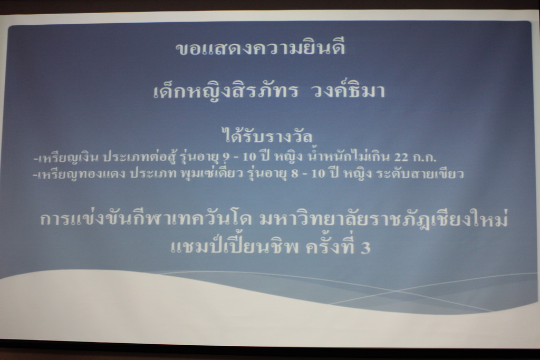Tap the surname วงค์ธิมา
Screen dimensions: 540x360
click(x=348, y=91)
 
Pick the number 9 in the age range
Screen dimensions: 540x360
click(x=226, y=157)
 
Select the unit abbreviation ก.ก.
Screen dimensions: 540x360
click(x=425, y=157)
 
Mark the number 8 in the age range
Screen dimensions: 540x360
click(x=294, y=173)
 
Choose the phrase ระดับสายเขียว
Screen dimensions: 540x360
click(x=420, y=173)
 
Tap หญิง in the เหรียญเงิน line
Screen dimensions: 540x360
click(x=288, y=158)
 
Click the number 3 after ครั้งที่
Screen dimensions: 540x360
click(x=366, y=248)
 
